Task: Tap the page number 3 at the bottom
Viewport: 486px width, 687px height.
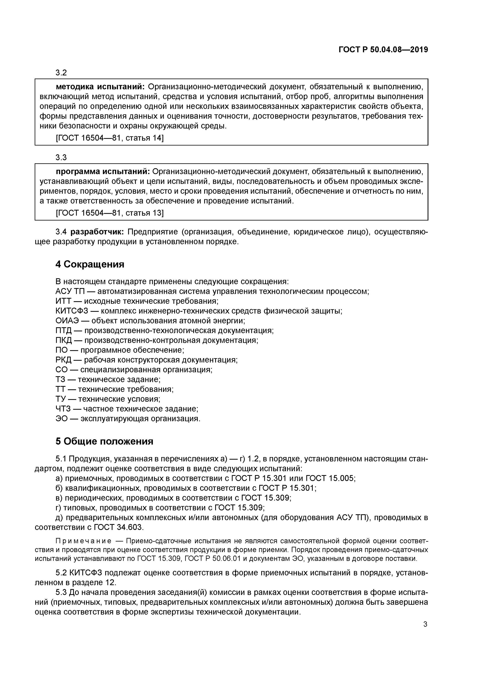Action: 425,624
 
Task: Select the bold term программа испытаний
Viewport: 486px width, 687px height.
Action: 103,172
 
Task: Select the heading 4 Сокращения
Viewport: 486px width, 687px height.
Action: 90,264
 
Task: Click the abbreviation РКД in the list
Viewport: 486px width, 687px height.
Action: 63,360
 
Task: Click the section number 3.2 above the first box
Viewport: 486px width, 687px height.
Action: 61,73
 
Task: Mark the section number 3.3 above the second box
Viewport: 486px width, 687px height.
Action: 61,157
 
